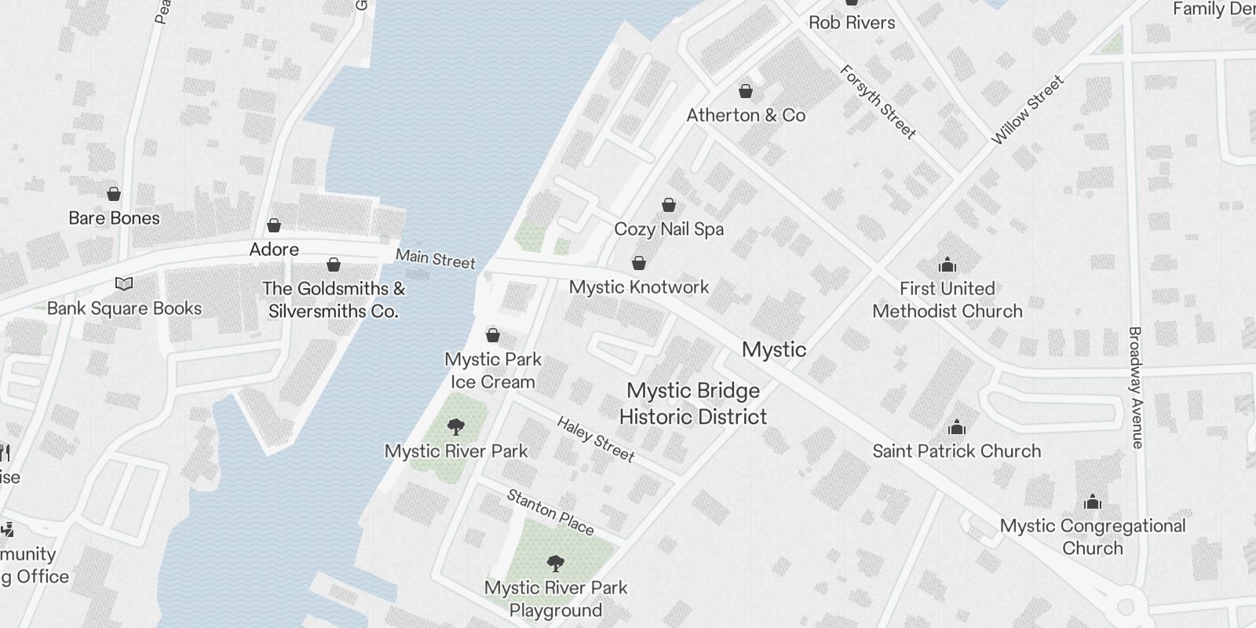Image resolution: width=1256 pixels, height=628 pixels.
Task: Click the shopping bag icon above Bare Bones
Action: (114, 194)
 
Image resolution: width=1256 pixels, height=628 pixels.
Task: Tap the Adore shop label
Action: (274, 250)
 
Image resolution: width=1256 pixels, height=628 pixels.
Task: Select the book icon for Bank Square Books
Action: (124, 283)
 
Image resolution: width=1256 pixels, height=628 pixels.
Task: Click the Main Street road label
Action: (435, 258)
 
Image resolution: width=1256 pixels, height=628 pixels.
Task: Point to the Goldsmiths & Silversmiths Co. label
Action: (334, 300)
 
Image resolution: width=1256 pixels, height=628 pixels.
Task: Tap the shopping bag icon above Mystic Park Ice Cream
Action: (493, 336)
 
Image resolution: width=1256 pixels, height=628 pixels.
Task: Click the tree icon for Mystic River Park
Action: (455, 428)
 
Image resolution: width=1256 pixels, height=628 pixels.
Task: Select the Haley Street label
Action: (596, 439)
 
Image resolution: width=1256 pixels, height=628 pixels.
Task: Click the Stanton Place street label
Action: (550, 512)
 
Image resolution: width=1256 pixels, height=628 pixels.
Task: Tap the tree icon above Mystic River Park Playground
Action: (556, 564)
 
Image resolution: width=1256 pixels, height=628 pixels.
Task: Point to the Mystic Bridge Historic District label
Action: (693, 403)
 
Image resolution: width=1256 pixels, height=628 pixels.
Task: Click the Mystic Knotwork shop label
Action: (639, 287)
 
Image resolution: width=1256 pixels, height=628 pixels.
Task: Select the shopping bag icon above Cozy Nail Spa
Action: (669, 206)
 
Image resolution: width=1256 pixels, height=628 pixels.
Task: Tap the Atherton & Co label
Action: (746, 115)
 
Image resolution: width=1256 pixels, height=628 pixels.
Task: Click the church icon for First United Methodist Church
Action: (947, 265)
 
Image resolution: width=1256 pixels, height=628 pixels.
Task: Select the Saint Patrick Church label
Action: (956, 451)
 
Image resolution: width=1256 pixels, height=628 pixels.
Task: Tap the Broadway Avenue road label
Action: (1136, 387)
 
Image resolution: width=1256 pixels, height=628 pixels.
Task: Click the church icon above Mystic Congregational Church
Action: (1093, 502)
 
